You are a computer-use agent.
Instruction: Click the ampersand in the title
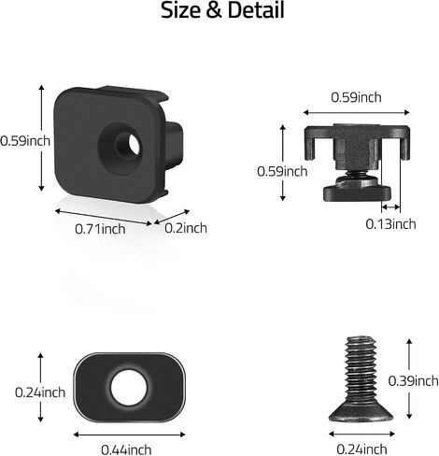214,10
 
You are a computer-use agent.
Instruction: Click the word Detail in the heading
256,10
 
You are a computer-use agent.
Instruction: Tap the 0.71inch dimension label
100,229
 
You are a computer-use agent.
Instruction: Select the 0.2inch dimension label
186,228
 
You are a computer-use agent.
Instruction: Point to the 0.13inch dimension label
390,224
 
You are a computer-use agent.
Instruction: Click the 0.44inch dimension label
126,449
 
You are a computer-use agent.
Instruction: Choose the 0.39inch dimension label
413,381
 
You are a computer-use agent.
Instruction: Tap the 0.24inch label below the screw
361,449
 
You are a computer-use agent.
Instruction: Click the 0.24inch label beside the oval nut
40,392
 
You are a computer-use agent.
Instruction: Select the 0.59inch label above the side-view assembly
356,97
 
